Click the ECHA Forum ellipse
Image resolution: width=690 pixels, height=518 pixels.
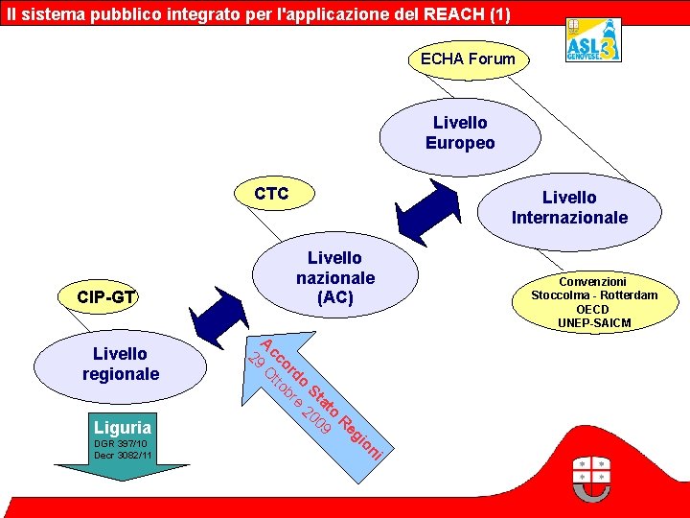[468, 59]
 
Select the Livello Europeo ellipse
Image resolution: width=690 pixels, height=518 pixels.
[460, 132]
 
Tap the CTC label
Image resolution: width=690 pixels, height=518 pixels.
[271, 195]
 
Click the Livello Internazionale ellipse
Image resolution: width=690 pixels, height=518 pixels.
[569, 207]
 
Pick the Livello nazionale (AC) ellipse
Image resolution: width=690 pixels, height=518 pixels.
[335, 278]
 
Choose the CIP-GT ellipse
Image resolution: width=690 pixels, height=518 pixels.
[105, 298]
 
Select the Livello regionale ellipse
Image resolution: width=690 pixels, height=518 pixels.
[121, 364]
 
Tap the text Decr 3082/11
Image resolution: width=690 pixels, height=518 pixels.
[123, 455]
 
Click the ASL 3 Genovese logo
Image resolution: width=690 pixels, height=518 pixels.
[592, 40]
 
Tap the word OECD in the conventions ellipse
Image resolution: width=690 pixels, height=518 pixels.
[593, 309]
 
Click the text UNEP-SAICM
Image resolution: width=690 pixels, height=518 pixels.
[594, 322]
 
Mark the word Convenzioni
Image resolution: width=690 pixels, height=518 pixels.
[593, 282]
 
